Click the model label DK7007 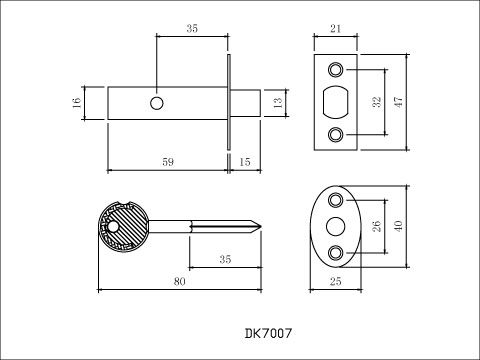[x=267, y=332]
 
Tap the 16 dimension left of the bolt [x=76, y=104]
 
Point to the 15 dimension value [x=246, y=160]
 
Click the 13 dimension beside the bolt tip [x=279, y=103]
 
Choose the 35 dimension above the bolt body [x=190, y=30]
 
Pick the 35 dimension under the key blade [x=224, y=260]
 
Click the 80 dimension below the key [x=180, y=282]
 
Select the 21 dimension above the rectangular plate [x=334, y=31]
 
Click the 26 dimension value [x=376, y=227]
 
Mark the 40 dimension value [x=399, y=227]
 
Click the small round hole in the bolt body [x=157, y=103]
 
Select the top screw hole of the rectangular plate [x=335, y=69]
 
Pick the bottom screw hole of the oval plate [x=334, y=252]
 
